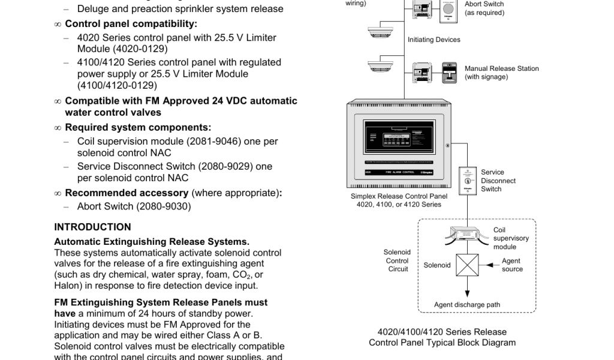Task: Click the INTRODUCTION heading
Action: [x=92, y=227]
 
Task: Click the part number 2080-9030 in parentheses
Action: [x=162, y=206]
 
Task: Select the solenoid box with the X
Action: [x=468, y=265]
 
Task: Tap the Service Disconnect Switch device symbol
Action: [x=468, y=180]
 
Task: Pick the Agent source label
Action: [x=511, y=265]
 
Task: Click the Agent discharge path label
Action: [x=466, y=305]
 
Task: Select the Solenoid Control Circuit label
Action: [x=397, y=260]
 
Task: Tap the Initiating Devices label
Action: [x=434, y=40]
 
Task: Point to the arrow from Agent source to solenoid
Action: [x=490, y=265]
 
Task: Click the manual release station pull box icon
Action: [x=449, y=72]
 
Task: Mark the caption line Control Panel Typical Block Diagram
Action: [x=442, y=343]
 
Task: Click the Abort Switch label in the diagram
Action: [x=484, y=4]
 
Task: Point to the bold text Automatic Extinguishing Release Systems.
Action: [x=152, y=242]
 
